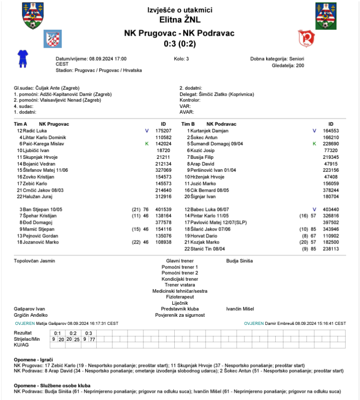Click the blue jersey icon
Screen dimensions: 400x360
[22, 58]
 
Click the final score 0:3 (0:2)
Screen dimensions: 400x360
[180, 43]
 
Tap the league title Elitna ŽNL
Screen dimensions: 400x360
[180, 20]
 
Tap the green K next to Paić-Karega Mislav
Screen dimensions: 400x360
[147, 143]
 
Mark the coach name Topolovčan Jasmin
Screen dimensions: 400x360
[35, 261]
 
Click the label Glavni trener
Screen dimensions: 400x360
[180, 261]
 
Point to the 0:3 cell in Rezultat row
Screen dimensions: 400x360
[88, 333]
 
